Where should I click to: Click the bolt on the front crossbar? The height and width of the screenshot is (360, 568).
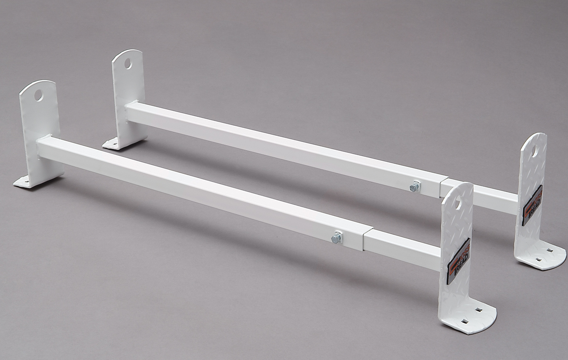coord(336,238)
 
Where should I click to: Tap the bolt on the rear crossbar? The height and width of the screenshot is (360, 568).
coord(415,187)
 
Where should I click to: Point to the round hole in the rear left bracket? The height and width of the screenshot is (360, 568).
coord(128,64)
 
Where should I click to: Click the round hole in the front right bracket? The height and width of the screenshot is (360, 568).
coord(457,203)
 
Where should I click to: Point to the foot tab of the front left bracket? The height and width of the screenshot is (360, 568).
coord(23,181)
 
